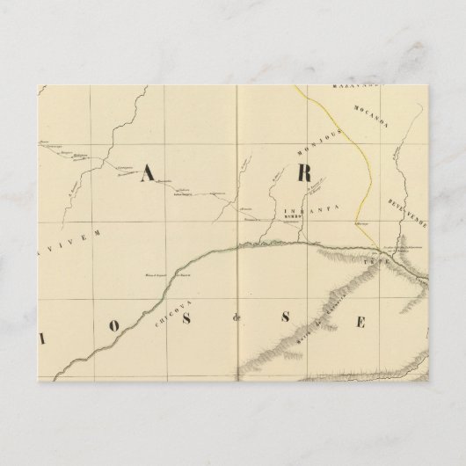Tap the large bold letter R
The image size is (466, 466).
[305, 173]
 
